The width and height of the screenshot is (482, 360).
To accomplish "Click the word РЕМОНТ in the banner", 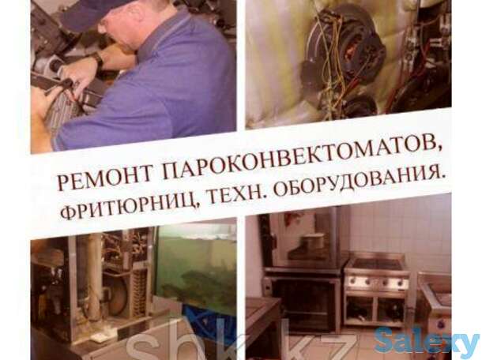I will (x=96, y=178).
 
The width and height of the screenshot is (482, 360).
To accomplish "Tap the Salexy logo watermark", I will (x=426, y=340).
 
